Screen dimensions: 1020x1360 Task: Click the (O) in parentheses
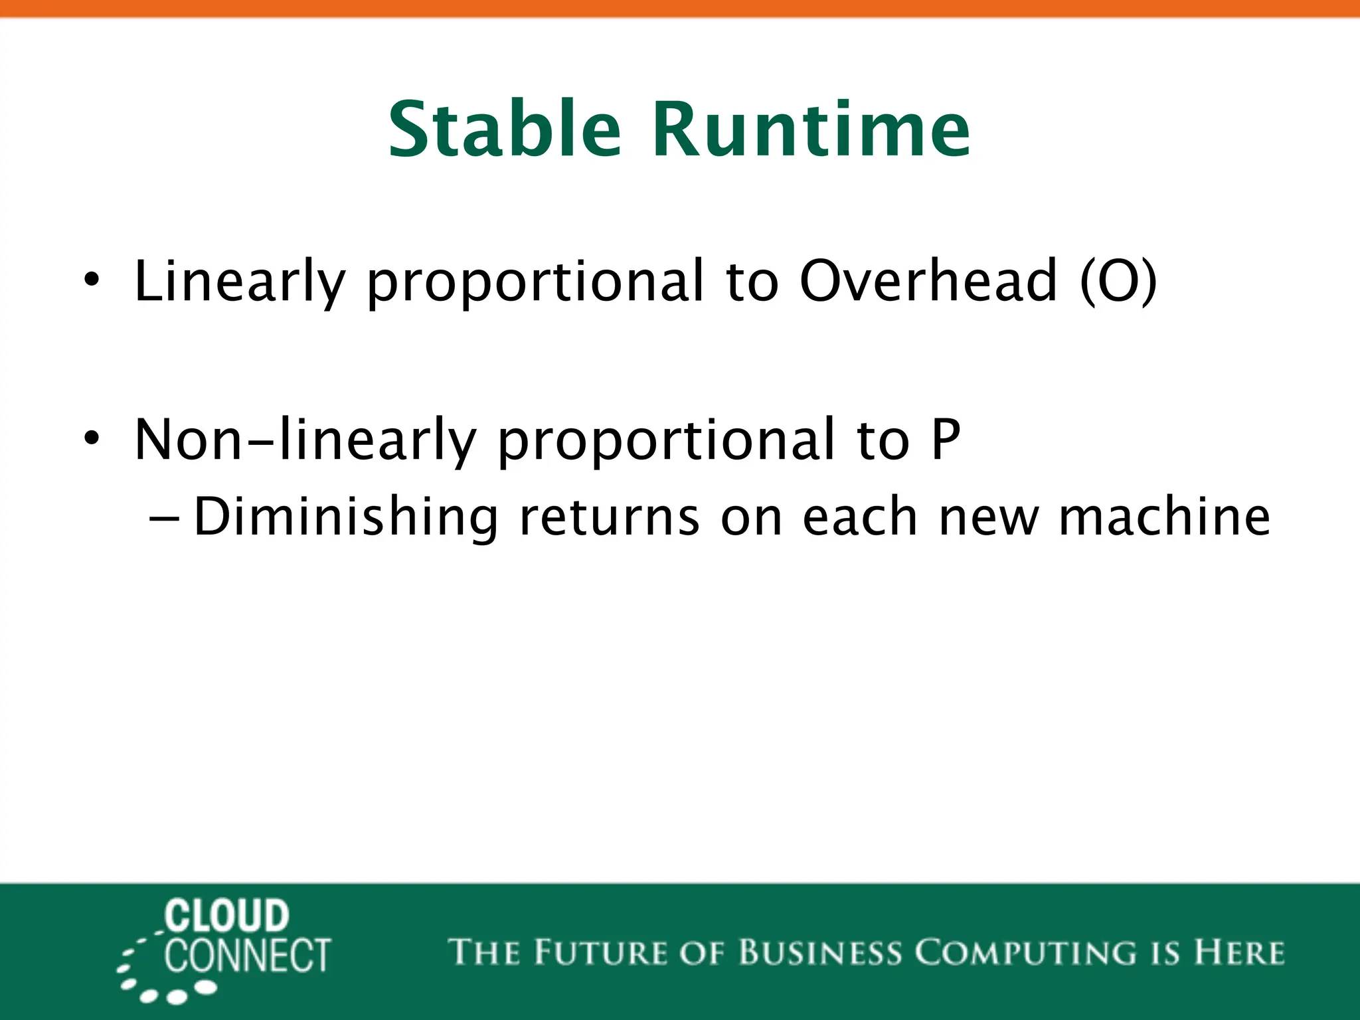point(1118,282)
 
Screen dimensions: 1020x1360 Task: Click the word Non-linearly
point(305,440)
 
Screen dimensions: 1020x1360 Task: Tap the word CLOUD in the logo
point(226,916)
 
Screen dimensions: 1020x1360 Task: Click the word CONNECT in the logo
point(247,956)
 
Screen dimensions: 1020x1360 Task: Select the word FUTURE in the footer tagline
point(600,952)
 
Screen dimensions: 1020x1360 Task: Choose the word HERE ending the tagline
point(1239,952)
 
